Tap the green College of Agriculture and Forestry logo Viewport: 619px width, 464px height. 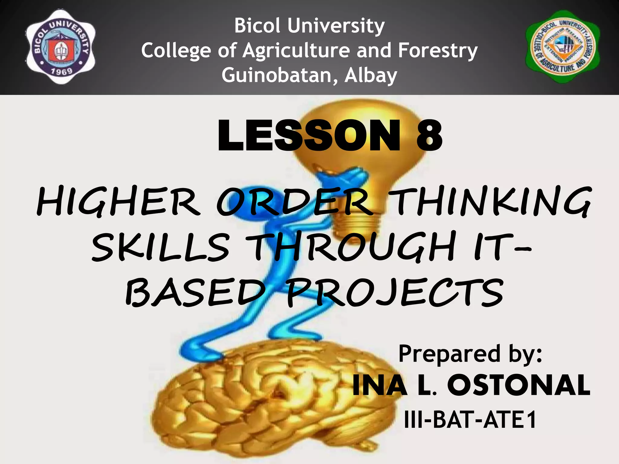pyautogui.click(x=563, y=47)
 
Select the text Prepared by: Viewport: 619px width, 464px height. pyautogui.click(x=470, y=354)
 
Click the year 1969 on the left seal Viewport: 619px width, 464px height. pyautogui.click(x=61, y=72)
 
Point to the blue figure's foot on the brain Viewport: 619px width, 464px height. pyautogui.click(x=199, y=350)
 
